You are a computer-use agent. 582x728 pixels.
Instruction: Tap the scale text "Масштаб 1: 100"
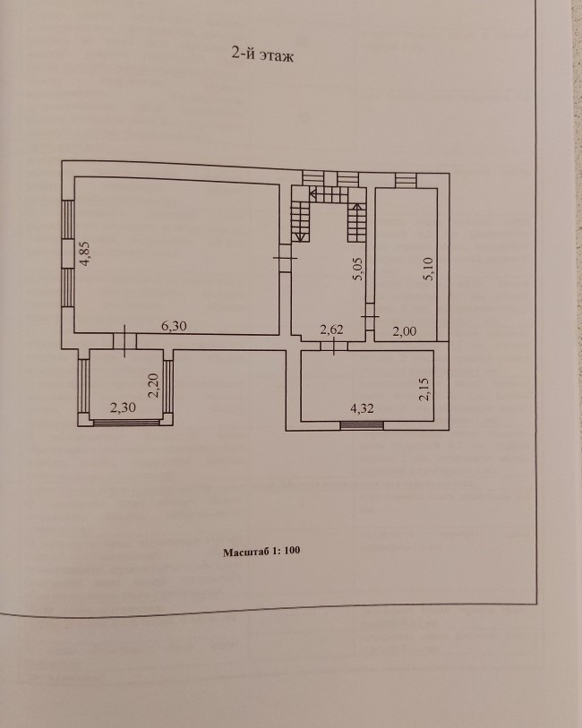[x=261, y=552]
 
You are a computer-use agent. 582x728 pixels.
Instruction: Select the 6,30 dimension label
[x=174, y=327]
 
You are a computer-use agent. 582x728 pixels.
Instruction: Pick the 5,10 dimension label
[x=429, y=269]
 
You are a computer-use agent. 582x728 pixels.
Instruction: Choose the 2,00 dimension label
[x=405, y=331]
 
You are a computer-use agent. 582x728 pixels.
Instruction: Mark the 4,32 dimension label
[x=362, y=409]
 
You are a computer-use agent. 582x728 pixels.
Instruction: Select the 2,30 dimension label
[x=122, y=409]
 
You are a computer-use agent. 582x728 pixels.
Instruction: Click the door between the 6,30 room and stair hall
[x=285, y=259]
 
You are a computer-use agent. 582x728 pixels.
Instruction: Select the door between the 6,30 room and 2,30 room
[x=124, y=340]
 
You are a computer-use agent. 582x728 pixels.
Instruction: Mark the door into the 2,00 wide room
[x=369, y=318]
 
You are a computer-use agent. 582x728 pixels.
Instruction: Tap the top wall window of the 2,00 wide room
[x=406, y=180]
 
